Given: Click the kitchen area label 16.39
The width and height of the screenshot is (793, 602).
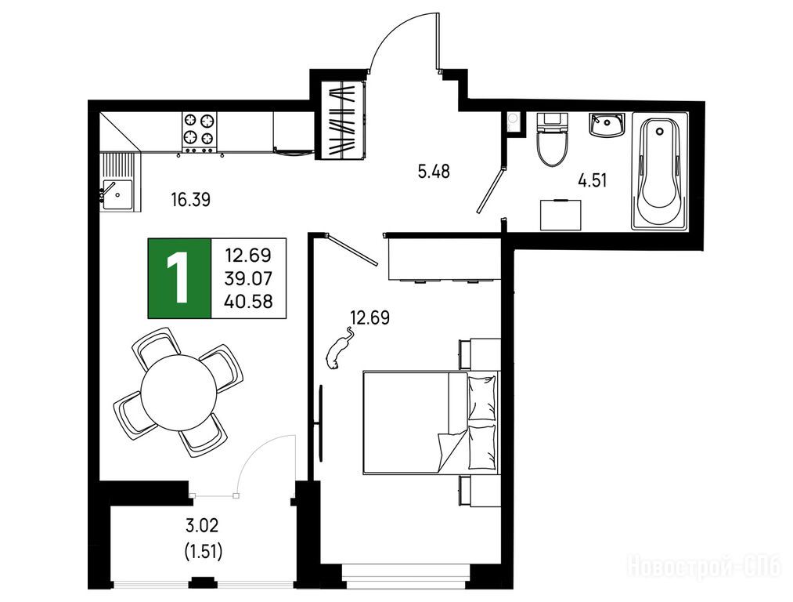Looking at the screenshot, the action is tap(191, 200).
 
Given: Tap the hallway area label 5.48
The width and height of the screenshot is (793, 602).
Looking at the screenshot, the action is tap(434, 171).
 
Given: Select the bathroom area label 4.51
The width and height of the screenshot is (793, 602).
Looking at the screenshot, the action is tap(593, 180).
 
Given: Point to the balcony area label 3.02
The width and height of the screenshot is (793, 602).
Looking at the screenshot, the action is tap(202, 525).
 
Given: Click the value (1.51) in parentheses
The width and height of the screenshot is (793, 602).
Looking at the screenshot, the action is tap(204, 551).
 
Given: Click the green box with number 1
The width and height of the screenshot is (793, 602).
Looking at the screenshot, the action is tap(179, 278).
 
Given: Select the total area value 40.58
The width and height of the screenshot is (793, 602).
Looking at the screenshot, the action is tap(249, 301).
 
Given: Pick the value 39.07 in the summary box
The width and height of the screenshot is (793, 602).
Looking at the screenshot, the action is tap(249, 278).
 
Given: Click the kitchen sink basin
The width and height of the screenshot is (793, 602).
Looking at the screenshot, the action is tap(118, 195).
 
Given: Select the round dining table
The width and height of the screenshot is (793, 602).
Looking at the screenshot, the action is tap(178, 393).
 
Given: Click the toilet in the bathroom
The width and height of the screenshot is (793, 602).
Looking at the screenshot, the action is tap(552, 140).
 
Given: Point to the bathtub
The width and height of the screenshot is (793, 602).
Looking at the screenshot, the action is tap(659, 171).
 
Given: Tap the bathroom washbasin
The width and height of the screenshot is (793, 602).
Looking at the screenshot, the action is tap(607, 125).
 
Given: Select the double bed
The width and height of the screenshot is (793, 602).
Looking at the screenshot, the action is tap(431, 422).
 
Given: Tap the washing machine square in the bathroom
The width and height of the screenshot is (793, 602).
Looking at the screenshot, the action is tap(561, 215).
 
